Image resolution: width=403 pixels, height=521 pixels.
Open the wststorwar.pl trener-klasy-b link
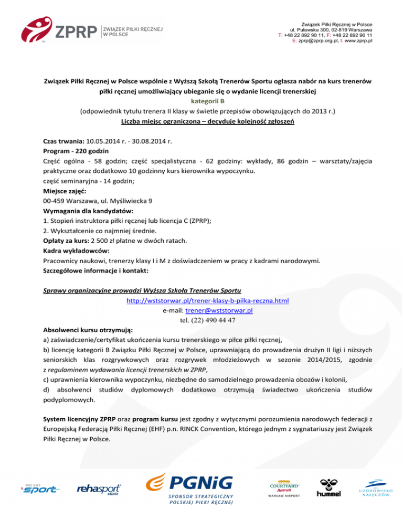[x=208, y=301]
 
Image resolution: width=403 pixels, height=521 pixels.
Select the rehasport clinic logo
[x=99, y=490]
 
